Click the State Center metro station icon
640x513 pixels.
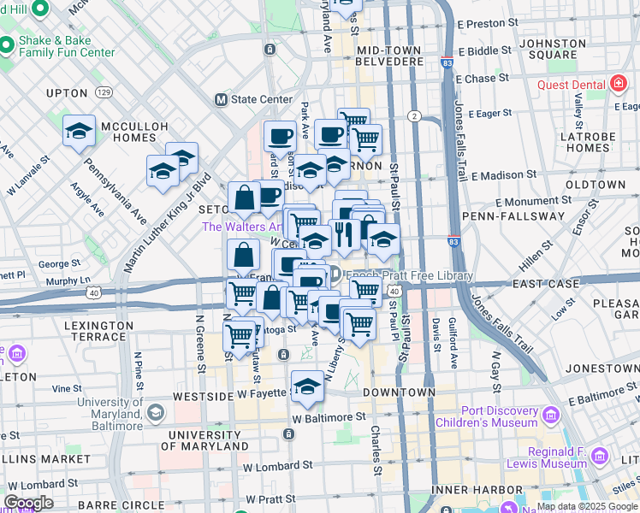[221, 99]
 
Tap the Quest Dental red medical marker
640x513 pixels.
[617, 85]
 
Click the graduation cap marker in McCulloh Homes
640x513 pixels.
[79, 131]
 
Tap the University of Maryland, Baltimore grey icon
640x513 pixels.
[155, 414]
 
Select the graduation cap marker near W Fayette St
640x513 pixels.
[307, 386]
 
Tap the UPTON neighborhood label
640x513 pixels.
[67, 92]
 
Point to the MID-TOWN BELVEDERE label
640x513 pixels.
[388, 56]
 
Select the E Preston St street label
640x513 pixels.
[488, 24]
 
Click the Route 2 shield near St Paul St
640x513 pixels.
[414, 115]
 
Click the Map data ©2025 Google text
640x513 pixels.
[587, 506]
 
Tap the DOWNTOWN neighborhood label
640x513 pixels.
[394, 392]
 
